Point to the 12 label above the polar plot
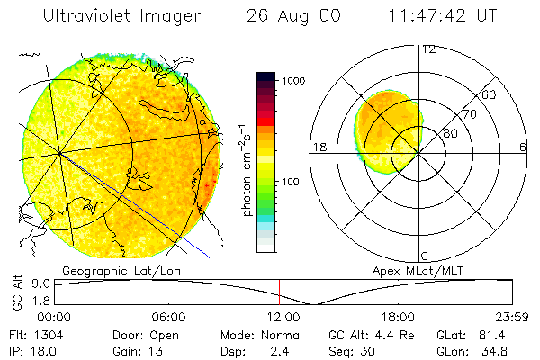pos(428,49)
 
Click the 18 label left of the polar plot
pos(318,148)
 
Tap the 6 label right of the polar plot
pos(523,148)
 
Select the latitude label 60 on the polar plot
pos(490,94)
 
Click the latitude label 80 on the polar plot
pos(450,133)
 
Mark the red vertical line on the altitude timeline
pos(280,292)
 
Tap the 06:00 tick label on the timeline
pos(168,317)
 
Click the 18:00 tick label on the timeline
pos(398,317)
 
